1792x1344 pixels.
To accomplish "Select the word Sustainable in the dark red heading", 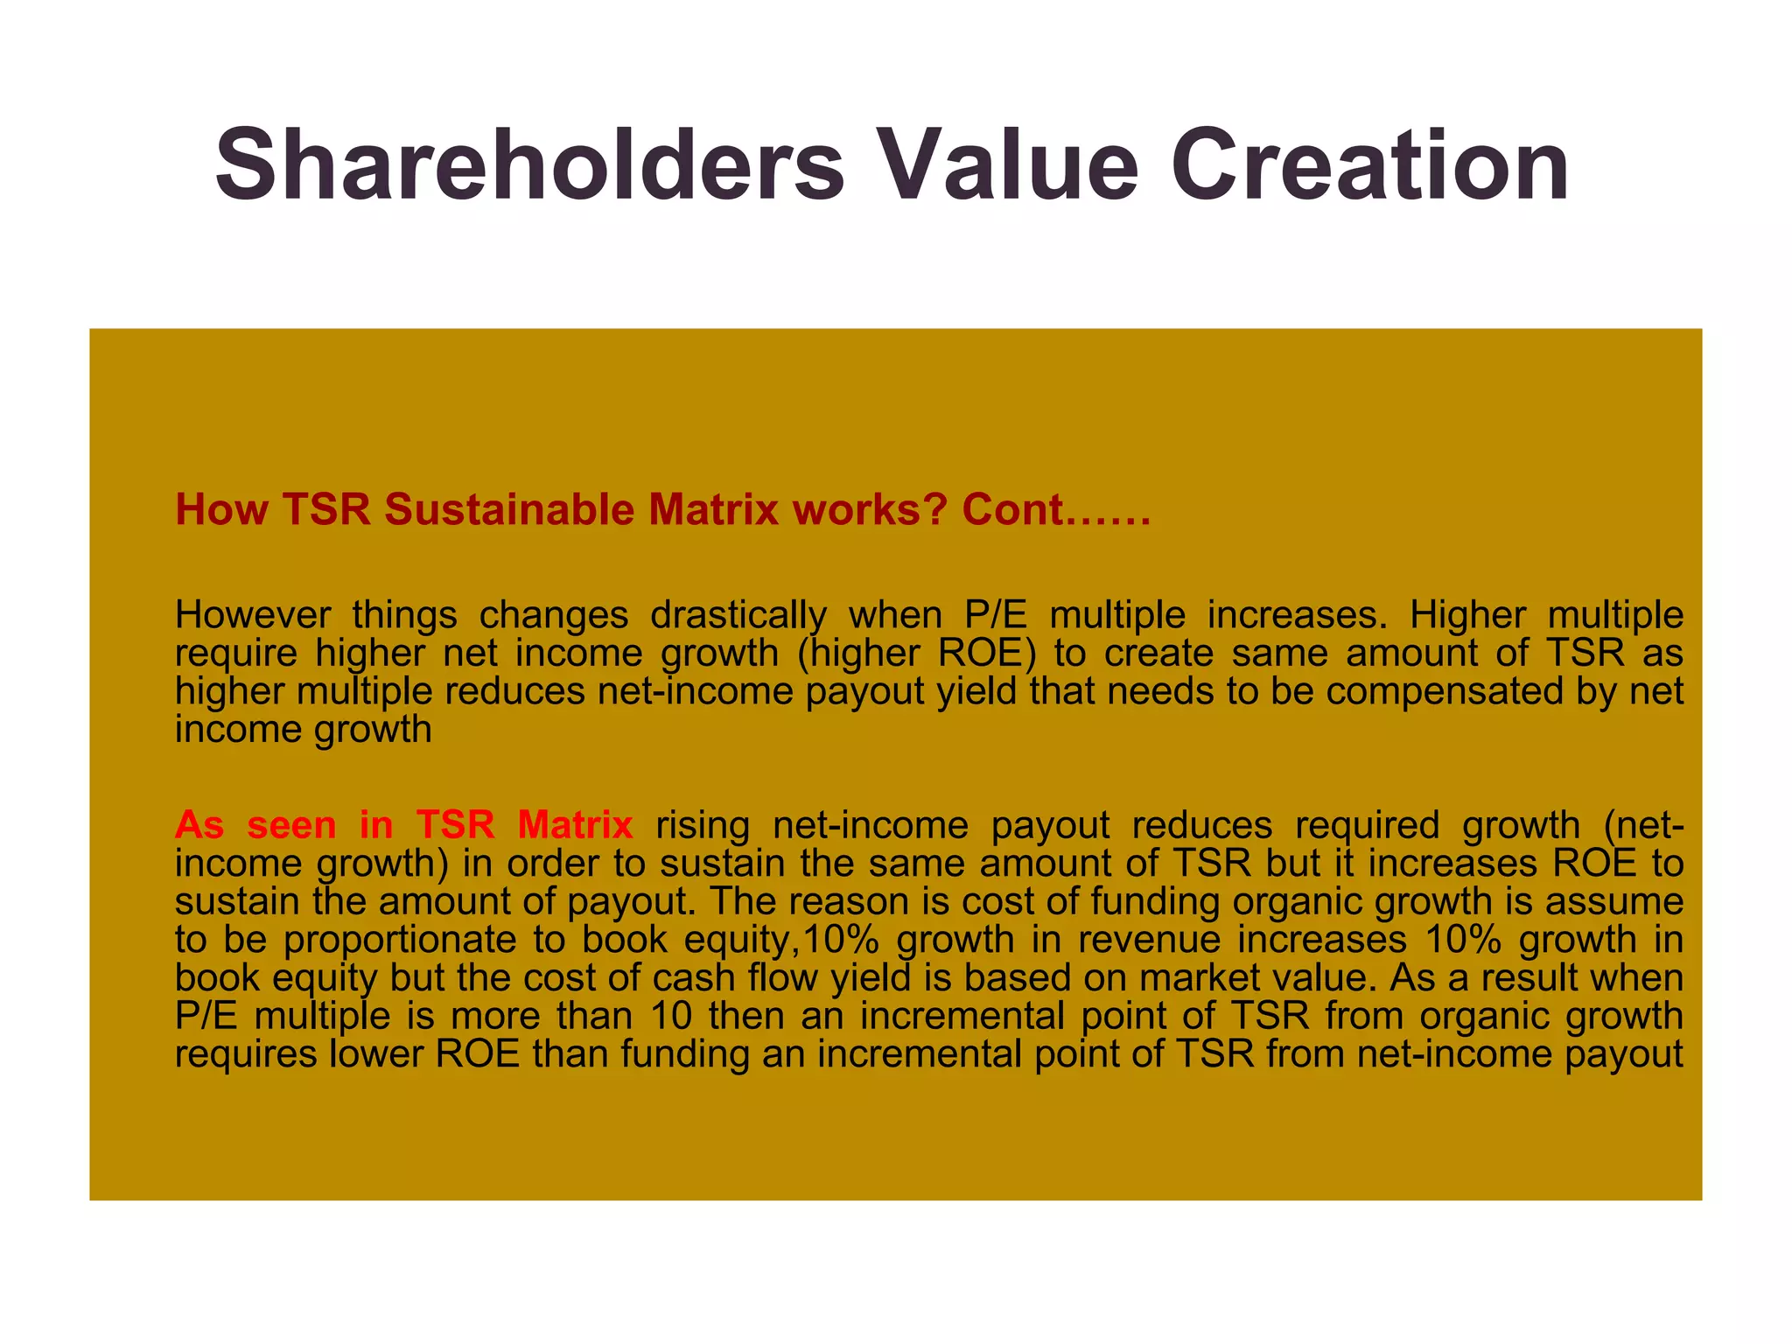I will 509,509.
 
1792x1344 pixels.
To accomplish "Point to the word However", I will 253,615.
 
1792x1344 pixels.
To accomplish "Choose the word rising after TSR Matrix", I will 703,825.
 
